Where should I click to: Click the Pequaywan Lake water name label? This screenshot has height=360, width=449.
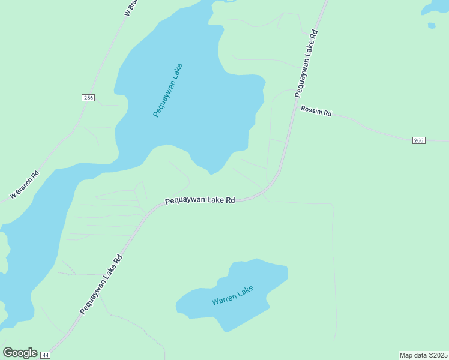(167, 90)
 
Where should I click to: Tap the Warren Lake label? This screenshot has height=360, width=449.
(233, 295)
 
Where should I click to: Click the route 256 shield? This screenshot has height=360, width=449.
(88, 98)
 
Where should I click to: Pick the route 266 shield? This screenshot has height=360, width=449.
(419, 140)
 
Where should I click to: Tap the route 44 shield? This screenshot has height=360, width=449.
(46, 355)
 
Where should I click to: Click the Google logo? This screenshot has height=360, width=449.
(20, 353)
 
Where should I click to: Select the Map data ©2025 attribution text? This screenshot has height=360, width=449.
(423, 355)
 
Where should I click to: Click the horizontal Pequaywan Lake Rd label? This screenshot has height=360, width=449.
(199, 200)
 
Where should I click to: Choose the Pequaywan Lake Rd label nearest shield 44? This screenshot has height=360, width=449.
(101, 284)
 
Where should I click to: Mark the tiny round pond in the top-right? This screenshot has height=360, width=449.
(431, 25)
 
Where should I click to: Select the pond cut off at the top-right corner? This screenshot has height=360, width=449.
(436, 6)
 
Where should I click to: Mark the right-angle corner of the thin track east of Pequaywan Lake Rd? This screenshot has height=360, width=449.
(332, 205)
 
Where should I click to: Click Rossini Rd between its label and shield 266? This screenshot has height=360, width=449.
(372, 128)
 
